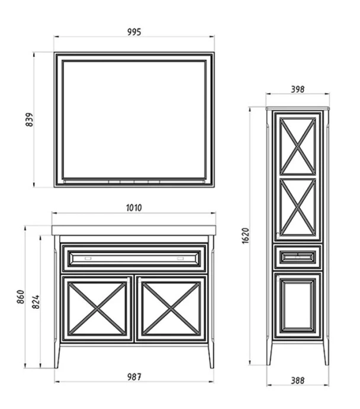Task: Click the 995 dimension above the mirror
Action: pyautogui.click(x=134, y=32)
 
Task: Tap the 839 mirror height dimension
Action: pyautogui.click(x=30, y=120)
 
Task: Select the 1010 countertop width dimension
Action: pyautogui.click(x=134, y=208)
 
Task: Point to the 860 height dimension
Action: pyautogui.click(x=21, y=297)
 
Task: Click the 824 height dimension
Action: pyautogui.click(x=36, y=302)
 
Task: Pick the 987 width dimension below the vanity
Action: pyautogui.click(x=134, y=377)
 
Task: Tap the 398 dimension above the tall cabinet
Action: pyautogui.click(x=297, y=90)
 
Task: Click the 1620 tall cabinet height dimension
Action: pyautogui.click(x=246, y=236)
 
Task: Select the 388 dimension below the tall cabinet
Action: pyautogui.click(x=297, y=381)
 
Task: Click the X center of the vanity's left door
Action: pyautogui.click(x=97, y=309)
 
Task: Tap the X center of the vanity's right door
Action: pyautogui.click(x=171, y=309)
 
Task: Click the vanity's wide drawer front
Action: pyautogui.click(x=134, y=258)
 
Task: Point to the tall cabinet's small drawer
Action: pyautogui.click(x=298, y=257)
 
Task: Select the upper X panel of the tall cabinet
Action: pyautogui.click(x=297, y=146)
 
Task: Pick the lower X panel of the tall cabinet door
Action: pyautogui.click(x=297, y=207)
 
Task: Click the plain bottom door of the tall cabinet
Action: pyautogui.click(x=298, y=305)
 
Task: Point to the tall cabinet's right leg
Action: pyautogui.click(x=326, y=352)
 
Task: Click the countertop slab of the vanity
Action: pyautogui.click(x=134, y=231)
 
